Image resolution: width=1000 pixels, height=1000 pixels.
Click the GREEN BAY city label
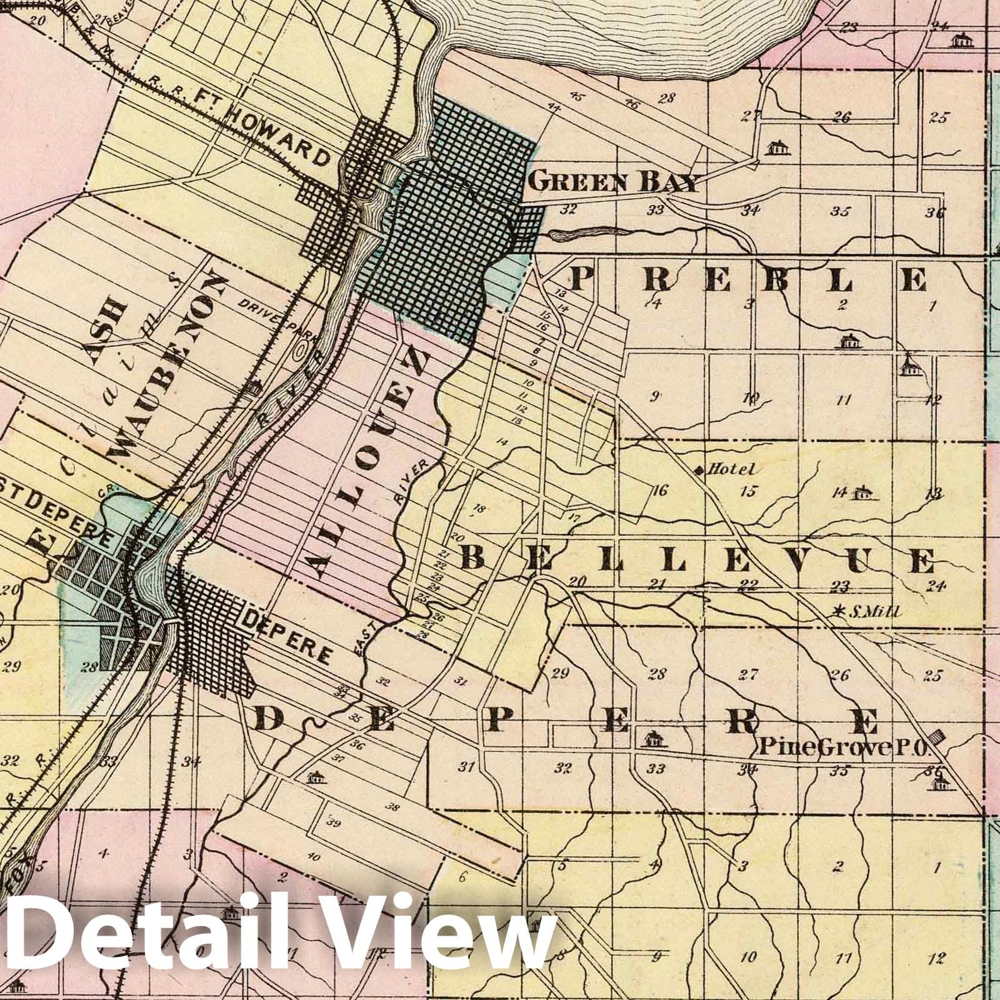612,182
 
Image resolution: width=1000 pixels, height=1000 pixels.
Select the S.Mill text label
872,613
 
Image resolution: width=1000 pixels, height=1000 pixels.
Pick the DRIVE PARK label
277,319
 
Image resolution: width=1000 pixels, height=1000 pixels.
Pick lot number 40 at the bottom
312,856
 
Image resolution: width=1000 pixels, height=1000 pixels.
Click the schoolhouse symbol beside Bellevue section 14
864,492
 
